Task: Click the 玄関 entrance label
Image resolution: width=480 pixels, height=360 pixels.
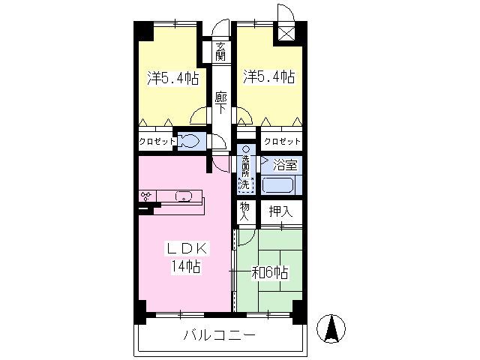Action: click(x=220, y=51)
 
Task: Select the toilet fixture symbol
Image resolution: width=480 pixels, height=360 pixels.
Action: click(x=188, y=141)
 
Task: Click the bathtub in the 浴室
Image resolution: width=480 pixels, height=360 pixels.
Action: click(x=278, y=185)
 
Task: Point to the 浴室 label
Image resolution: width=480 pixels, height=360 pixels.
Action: click(x=285, y=165)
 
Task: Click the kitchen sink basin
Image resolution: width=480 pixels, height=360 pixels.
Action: click(x=183, y=196)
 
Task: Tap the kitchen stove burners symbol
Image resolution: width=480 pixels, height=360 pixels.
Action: click(x=146, y=196)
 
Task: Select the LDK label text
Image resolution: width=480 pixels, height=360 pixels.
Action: click(x=187, y=248)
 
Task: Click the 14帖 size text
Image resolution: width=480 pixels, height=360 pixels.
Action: click(x=186, y=267)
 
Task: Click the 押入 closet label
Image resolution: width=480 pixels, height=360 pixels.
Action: click(x=280, y=211)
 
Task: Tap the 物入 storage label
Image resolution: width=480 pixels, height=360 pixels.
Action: click(x=244, y=211)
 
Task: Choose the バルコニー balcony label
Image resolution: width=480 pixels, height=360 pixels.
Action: click(x=219, y=336)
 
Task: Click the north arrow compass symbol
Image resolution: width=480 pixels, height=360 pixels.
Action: click(x=331, y=328)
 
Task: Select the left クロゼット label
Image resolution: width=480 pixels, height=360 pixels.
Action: click(x=157, y=142)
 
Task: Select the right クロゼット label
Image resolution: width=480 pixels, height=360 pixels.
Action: click(x=282, y=142)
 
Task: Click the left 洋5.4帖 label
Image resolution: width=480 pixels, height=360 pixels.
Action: click(x=173, y=78)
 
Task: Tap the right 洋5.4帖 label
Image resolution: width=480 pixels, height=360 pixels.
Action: click(x=269, y=76)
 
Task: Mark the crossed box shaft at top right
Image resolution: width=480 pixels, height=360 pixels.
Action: click(x=286, y=34)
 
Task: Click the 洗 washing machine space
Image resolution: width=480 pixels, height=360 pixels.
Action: click(x=246, y=185)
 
